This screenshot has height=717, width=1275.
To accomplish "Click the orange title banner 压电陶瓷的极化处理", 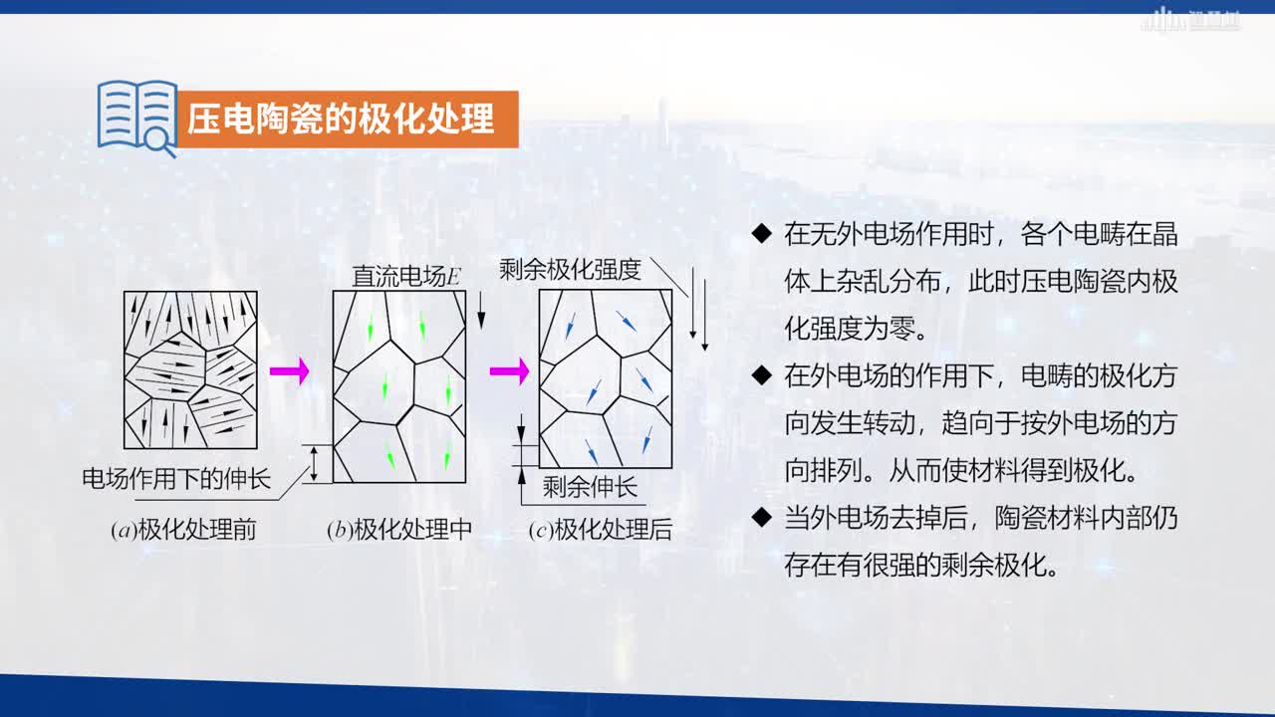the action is (349, 119).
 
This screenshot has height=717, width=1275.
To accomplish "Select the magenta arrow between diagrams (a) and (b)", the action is (289, 371).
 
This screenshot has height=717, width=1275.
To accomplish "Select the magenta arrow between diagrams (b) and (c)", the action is (509, 371).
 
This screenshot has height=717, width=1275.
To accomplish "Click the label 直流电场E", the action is (405, 277).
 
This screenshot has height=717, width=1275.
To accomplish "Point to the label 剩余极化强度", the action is (570, 270).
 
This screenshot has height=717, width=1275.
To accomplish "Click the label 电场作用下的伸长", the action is (176, 479).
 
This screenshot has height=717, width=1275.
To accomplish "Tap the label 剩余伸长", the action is (590, 487).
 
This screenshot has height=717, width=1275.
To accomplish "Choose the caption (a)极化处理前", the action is (183, 530).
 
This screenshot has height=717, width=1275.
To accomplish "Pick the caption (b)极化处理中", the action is (399, 530).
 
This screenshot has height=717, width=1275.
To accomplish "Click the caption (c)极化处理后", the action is (601, 530).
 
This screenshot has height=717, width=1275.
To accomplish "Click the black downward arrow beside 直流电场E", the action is (481, 311).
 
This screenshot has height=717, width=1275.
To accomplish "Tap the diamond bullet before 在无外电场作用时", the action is (762, 233).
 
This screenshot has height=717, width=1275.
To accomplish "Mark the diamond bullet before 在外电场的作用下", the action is (762, 375).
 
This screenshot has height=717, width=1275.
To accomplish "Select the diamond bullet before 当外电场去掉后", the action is (762, 517).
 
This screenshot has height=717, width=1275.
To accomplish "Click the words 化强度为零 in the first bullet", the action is (849, 329).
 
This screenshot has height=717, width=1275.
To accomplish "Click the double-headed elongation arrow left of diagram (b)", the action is (314, 464).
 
